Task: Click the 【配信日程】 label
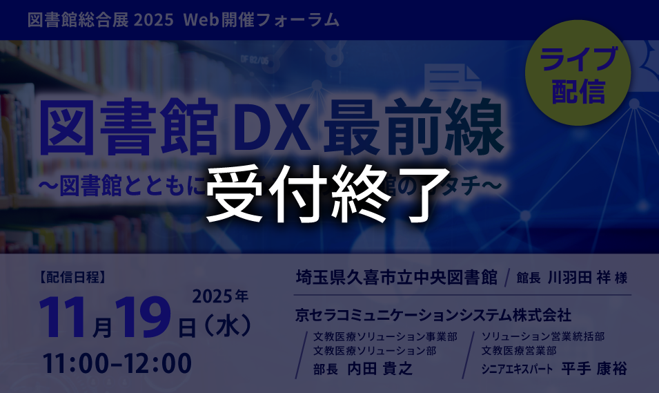click(x=72, y=278)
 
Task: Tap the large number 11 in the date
click(x=66, y=317)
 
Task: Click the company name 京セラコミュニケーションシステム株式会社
click(x=433, y=315)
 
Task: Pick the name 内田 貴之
click(x=380, y=368)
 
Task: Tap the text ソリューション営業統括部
click(x=543, y=336)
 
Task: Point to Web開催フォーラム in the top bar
click(x=262, y=19)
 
